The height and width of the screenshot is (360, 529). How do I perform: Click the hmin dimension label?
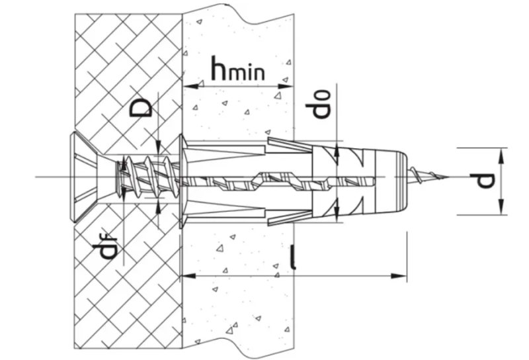pyautogui.click(x=238, y=67)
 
